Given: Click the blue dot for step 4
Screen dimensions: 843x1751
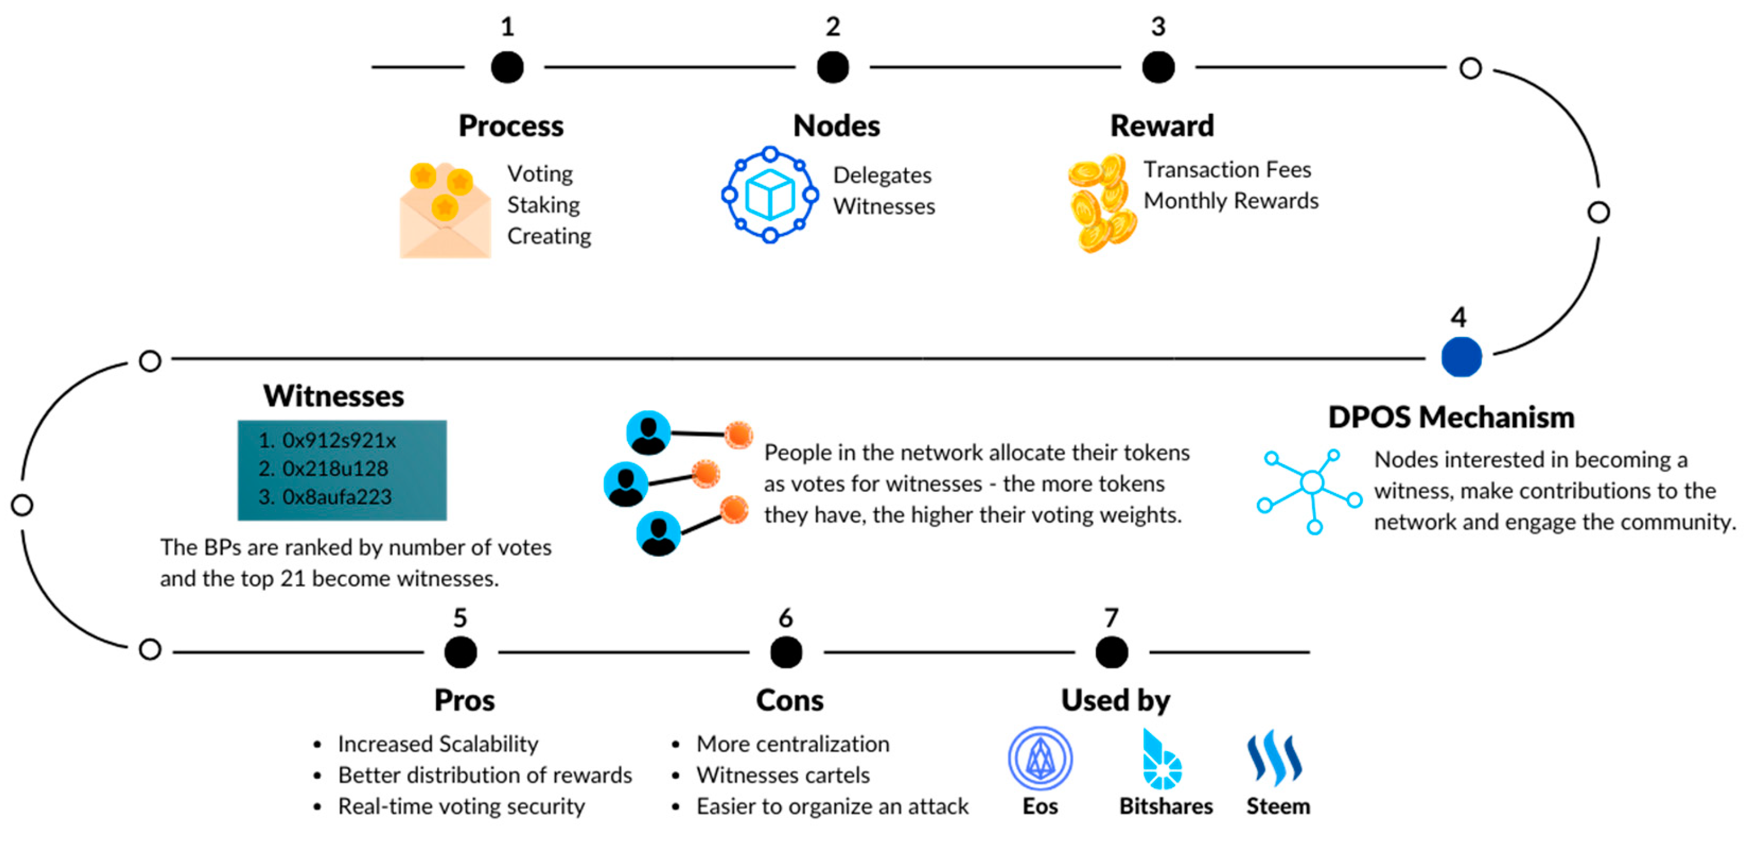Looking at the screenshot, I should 1461,357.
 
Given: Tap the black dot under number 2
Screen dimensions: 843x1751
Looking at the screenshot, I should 832,67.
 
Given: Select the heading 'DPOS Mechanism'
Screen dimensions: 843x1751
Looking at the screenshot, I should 1451,417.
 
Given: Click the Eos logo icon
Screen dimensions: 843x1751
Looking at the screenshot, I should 1040,758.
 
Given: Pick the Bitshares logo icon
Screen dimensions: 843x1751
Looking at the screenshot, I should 1162,760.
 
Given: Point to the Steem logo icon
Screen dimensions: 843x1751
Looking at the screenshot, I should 1274,758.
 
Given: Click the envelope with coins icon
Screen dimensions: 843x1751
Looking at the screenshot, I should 445,211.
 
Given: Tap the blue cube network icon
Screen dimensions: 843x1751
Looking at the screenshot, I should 770,194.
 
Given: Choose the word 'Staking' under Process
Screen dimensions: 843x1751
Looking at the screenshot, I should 543,205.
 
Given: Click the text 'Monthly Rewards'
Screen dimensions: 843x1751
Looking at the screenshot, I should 1230,201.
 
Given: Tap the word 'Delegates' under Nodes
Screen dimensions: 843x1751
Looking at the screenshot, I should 882,175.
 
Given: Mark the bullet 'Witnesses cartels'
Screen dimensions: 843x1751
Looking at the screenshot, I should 783,775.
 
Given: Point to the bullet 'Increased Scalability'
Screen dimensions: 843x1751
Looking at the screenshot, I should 438,744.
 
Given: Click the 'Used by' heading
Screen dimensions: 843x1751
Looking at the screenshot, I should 1116,700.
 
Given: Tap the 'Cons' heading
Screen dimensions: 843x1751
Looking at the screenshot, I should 789,700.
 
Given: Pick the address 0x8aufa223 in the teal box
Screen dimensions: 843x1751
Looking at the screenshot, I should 336,497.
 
